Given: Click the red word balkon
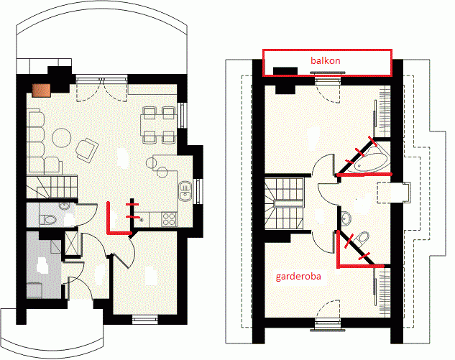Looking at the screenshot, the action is coord(326,60).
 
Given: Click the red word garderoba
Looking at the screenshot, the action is coord(298,277).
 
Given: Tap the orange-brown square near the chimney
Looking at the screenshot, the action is coord(42,91).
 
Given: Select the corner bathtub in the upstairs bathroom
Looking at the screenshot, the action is coord(371,160).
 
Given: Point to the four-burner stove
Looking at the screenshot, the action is coord(170,219).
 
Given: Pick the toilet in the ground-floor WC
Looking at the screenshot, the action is coord(47,220).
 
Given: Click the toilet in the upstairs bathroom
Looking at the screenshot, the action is coord(362,238).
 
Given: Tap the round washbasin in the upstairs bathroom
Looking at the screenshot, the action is coord(346,218).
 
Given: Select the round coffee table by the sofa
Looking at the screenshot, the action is coord(62,138).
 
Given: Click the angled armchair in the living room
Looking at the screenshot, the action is coord(87,150).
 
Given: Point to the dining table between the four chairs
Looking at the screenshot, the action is coord(158,125).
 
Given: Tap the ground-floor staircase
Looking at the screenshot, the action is coord(52,187).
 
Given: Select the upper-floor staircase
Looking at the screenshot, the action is coord(284,203).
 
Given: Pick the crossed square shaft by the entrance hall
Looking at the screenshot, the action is coord(71,243).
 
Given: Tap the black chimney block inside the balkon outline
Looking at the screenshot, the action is coord(285,72).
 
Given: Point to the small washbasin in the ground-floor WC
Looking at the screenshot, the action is coord(64,206).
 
